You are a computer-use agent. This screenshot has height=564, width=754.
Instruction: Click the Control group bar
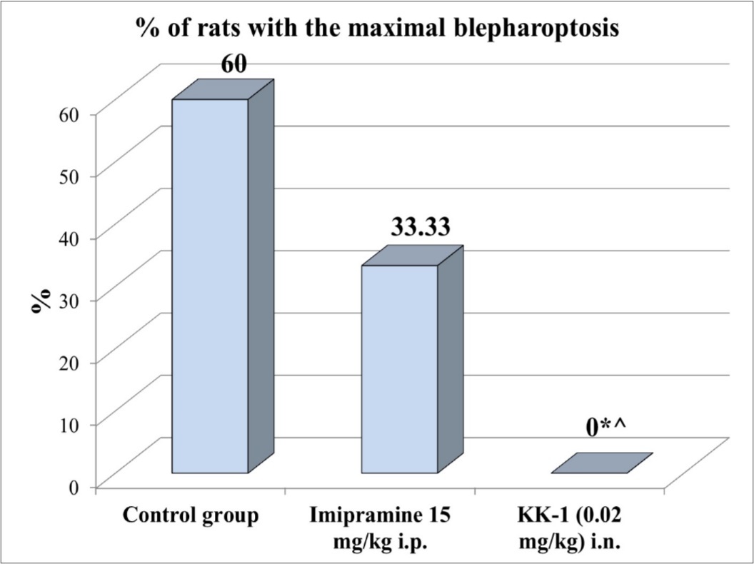pyautogui.click(x=210, y=286)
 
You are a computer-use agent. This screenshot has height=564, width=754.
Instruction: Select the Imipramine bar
pyautogui.click(x=399, y=368)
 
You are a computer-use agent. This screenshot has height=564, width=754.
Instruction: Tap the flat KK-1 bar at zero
pyautogui.click(x=602, y=463)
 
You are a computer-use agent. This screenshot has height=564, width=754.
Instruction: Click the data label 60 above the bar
pyautogui.click(x=233, y=64)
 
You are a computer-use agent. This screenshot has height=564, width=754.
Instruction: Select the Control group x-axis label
pyautogui.click(x=190, y=515)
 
